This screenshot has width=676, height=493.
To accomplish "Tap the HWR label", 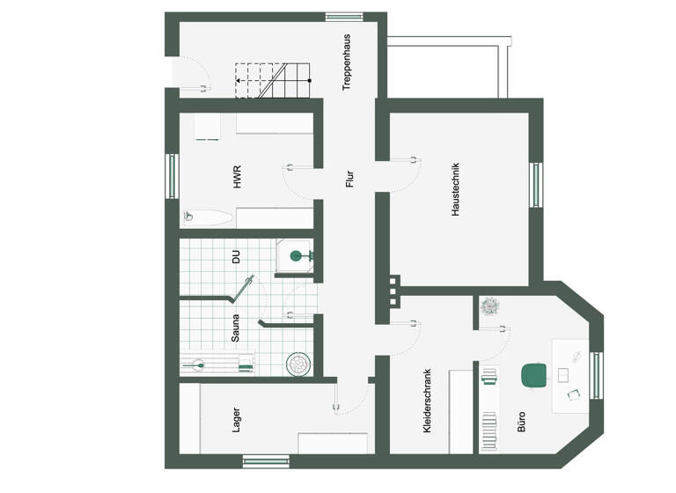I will click(238, 177).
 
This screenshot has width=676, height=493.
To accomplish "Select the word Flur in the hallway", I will click(349, 180).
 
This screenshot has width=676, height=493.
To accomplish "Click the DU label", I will click(236, 257).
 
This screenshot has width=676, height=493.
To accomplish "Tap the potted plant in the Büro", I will click(490, 306).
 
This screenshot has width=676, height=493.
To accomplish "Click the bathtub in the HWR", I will click(209, 217).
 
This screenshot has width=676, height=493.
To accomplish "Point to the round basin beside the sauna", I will click(299, 364).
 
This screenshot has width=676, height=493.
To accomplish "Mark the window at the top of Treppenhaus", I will click(344, 16).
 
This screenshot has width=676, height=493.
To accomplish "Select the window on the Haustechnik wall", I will click(536, 185).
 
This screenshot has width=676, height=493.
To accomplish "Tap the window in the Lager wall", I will click(266, 460).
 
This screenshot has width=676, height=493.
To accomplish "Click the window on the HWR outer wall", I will click(173, 177).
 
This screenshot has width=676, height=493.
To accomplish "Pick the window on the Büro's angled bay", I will click(596, 375).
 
